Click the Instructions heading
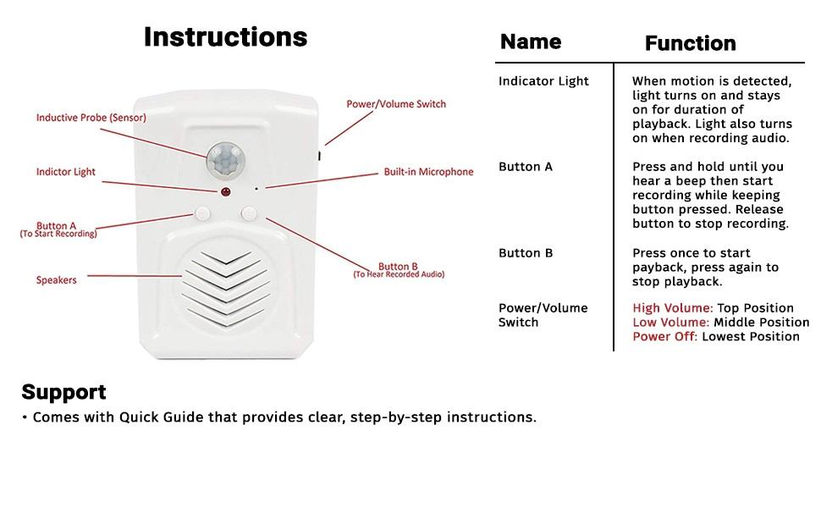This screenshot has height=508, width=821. (x=225, y=37)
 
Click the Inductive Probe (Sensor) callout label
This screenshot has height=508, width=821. (x=91, y=118)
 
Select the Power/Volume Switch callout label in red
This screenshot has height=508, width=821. (x=396, y=104)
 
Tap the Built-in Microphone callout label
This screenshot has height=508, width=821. (x=428, y=172)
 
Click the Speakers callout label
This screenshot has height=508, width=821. (x=56, y=280)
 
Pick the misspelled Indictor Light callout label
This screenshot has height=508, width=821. (x=65, y=172)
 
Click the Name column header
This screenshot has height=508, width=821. (x=531, y=41)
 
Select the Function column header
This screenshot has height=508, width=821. (x=690, y=43)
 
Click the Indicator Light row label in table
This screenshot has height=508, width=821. (x=543, y=81)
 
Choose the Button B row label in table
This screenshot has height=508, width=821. (x=525, y=253)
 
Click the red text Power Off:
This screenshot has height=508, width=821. (x=665, y=337)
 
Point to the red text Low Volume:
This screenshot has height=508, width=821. (x=671, y=323)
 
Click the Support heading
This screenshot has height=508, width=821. (x=63, y=392)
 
